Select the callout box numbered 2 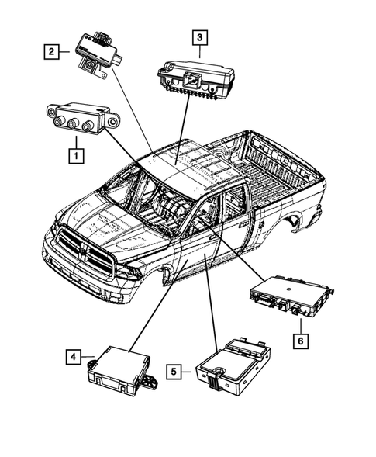click(51, 53)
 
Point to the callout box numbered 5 click(177, 372)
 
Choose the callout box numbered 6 click(298, 339)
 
